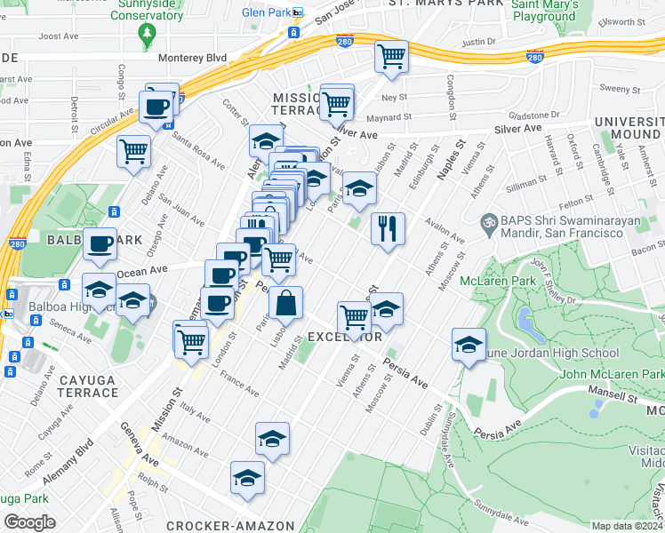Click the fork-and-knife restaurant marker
(x=388, y=228)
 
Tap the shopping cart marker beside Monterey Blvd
(x=390, y=57)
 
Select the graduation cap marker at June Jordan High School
(x=469, y=345)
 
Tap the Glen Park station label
(x=267, y=12)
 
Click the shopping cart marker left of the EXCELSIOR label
(x=354, y=317)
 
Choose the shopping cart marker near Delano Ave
(x=133, y=150)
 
